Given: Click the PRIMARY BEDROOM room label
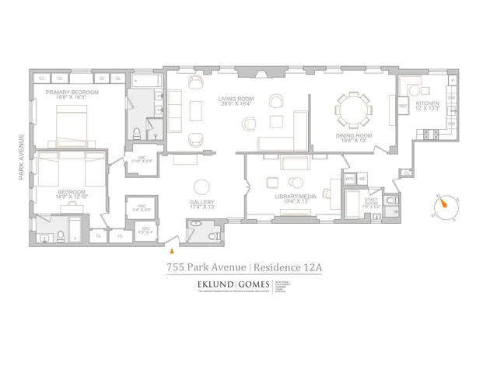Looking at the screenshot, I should pos(72,95).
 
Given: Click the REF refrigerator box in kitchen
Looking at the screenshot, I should pos(404,106).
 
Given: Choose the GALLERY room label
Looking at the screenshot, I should pos(202,204).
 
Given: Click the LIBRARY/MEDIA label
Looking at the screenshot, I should pos(293,198).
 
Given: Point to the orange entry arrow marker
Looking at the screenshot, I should pos(172,250).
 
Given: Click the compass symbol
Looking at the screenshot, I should pos(445,204).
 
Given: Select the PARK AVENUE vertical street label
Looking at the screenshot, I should pos(21,159).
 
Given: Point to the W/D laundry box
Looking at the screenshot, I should pos(350,180).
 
